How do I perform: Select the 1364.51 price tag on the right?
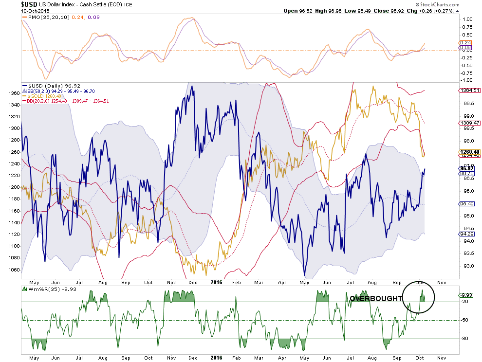pos(468,90)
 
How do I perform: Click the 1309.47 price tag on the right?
pos(468,123)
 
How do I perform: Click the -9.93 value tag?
pos(466,295)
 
